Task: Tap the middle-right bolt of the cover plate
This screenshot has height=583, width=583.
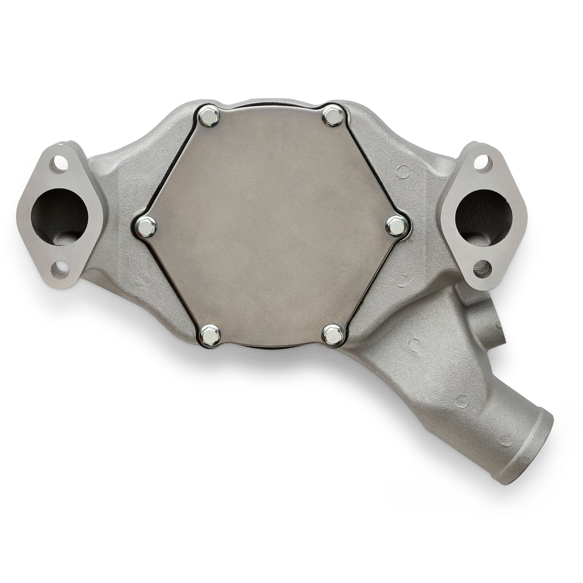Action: pos(397,224)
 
